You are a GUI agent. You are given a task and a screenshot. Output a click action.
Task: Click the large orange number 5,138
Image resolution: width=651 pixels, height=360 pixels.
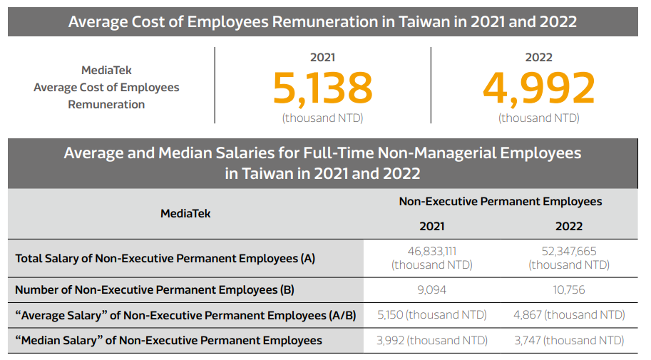click(322, 88)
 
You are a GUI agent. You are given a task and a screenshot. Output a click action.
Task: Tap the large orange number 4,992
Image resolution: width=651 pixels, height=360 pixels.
click(538, 88)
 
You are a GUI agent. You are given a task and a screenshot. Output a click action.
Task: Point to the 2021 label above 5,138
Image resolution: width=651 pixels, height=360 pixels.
click(322, 58)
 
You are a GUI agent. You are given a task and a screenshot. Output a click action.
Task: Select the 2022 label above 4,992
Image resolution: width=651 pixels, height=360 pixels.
click(538, 58)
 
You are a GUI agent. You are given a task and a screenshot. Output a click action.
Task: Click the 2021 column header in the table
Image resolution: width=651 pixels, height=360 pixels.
click(431, 226)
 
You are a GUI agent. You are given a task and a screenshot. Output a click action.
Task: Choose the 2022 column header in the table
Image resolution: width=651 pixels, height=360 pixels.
click(569, 226)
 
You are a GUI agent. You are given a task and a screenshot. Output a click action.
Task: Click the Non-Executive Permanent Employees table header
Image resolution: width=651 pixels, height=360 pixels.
click(500, 202)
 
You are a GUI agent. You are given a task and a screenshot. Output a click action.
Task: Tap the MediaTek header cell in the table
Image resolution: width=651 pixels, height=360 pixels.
click(185, 213)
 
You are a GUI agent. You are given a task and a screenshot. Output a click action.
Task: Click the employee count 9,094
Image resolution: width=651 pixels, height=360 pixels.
click(431, 290)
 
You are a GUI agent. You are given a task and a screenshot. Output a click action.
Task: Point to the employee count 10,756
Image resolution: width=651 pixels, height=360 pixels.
click(569, 290)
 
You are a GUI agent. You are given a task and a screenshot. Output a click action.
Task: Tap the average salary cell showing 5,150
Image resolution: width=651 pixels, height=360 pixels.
click(431, 315)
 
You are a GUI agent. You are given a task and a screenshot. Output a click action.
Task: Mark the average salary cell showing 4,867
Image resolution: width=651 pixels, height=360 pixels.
click(569, 315)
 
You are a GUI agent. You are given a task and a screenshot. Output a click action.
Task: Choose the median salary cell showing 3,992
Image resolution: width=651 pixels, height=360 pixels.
click(431, 341)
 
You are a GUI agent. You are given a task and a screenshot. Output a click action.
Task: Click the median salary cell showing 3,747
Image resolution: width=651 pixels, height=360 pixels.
click(569, 341)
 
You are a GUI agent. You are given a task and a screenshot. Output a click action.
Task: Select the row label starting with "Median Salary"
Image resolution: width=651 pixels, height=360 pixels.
click(168, 341)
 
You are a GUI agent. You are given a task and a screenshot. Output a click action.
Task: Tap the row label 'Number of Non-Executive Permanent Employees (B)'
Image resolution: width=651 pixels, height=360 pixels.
click(155, 290)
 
